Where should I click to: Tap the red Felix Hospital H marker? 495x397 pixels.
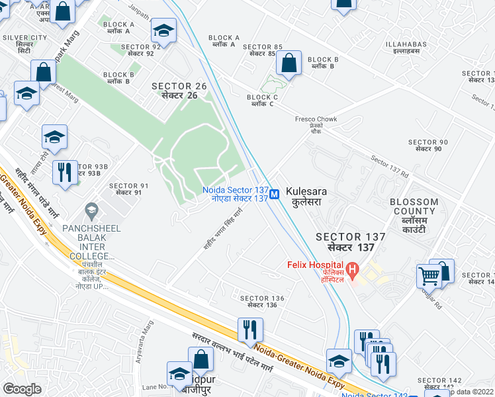click(x=353, y=269)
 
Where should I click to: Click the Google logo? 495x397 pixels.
click(x=22, y=388)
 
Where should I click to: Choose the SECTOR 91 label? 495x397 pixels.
click(x=125, y=189)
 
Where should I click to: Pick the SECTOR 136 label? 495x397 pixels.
click(x=262, y=301)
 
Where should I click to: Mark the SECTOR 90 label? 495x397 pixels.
click(x=428, y=146)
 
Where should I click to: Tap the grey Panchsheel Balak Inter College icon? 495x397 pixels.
click(x=91, y=212)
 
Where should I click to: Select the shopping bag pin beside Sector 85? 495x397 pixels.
click(x=289, y=64)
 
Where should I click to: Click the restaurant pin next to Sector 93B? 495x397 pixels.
click(x=64, y=172)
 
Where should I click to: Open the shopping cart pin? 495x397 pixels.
click(x=429, y=275)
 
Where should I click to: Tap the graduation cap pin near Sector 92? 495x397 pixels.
click(x=163, y=30)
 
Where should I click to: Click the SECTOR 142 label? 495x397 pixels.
click(x=439, y=384)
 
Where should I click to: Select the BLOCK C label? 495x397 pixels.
click(x=262, y=101)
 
